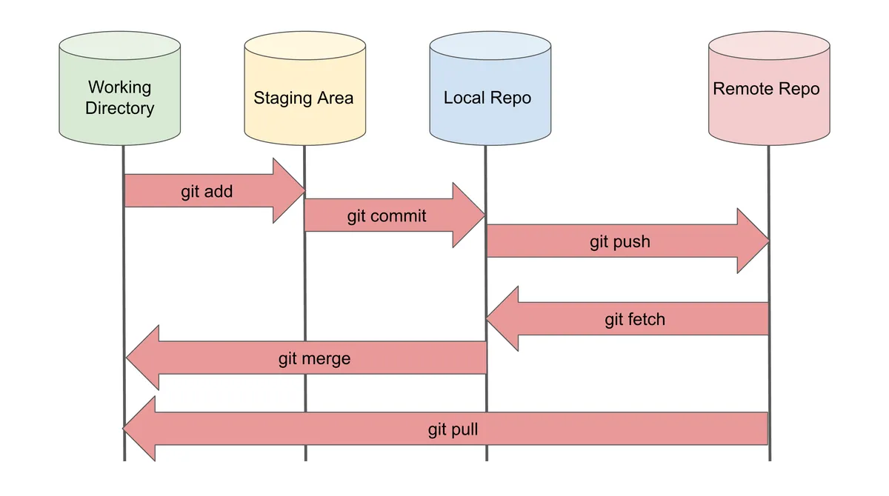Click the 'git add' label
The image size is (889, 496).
point(207,192)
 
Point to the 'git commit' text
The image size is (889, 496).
point(387,215)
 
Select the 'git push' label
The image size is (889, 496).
point(620,241)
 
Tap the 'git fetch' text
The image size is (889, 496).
point(635,319)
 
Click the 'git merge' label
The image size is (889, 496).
point(314,359)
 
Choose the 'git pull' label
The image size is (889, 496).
point(453,429)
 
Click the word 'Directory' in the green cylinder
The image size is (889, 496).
point(119,108)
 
